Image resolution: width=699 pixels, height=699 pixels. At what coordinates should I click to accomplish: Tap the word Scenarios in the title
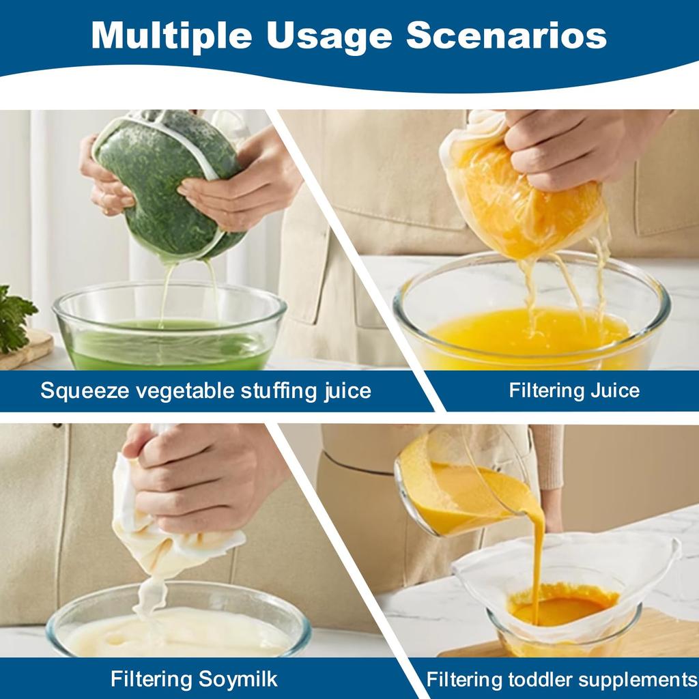(x=507, y=35)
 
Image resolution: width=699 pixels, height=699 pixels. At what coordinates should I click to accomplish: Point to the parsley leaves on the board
(x=14, y=317)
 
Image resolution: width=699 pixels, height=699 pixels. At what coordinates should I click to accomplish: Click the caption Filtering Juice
(x=574, y=390)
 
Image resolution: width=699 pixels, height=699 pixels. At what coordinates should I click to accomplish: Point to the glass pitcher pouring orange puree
(x=451, y=485)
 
